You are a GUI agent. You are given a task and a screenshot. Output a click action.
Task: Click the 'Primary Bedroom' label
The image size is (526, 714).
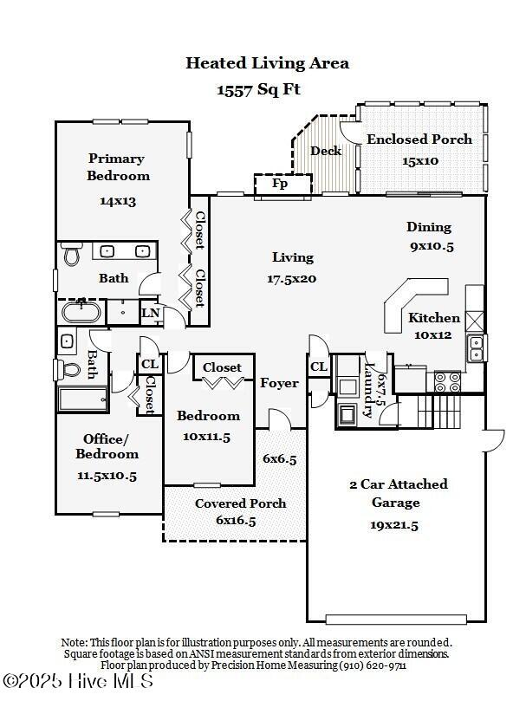point(118,167)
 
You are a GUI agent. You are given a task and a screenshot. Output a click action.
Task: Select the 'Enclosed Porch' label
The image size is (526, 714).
point(419,140)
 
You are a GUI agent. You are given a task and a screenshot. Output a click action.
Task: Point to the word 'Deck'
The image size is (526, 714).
point(326,151)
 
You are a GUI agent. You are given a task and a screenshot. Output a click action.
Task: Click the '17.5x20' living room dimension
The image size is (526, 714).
point(292,278)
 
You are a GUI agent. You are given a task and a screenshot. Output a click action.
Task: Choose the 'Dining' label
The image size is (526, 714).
point(429,227)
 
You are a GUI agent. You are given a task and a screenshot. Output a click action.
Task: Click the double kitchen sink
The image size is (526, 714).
point(475,347)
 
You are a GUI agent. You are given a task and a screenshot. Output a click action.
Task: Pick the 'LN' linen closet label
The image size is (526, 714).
point(151,313)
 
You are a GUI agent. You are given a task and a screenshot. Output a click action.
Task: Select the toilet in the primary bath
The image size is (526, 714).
point(71,255)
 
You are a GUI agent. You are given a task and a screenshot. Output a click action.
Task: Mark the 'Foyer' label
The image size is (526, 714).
point(279,383)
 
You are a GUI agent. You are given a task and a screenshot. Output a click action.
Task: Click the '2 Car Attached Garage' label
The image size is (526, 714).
point(398,493)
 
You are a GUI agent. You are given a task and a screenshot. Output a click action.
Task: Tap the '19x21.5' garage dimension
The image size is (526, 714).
point(394,524)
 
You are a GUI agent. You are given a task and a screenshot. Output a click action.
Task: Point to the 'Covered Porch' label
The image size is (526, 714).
point(240,503)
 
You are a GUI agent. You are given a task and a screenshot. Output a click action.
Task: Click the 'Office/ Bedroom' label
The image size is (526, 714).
point(107,446)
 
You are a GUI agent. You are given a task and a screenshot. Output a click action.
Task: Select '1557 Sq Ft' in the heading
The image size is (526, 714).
point(258,89)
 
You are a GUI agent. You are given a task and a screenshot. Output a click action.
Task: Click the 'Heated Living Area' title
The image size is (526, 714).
point(268,62)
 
